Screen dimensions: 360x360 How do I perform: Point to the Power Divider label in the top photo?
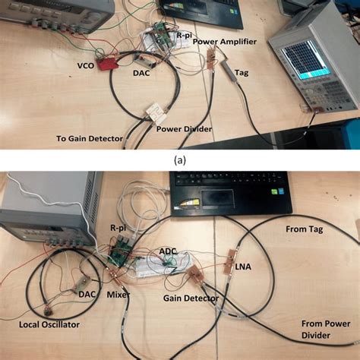(x=184, y=128)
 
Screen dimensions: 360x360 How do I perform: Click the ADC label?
(x=167, y=250)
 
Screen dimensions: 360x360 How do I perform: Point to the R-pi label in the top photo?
(x=182, y=35)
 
